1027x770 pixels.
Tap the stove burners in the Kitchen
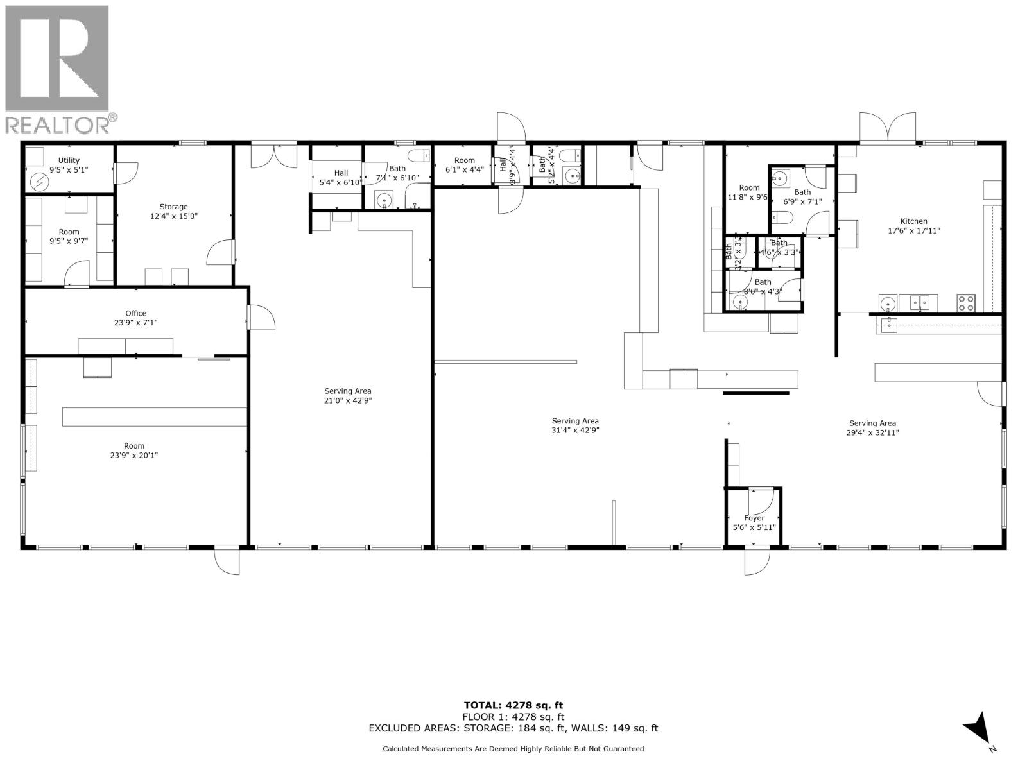966,302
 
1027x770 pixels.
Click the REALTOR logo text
62,124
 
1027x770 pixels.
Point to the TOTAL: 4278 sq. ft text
513,705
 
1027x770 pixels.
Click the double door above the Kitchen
888,127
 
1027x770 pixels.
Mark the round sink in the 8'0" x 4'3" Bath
740,301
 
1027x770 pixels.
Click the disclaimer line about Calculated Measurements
513,749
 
